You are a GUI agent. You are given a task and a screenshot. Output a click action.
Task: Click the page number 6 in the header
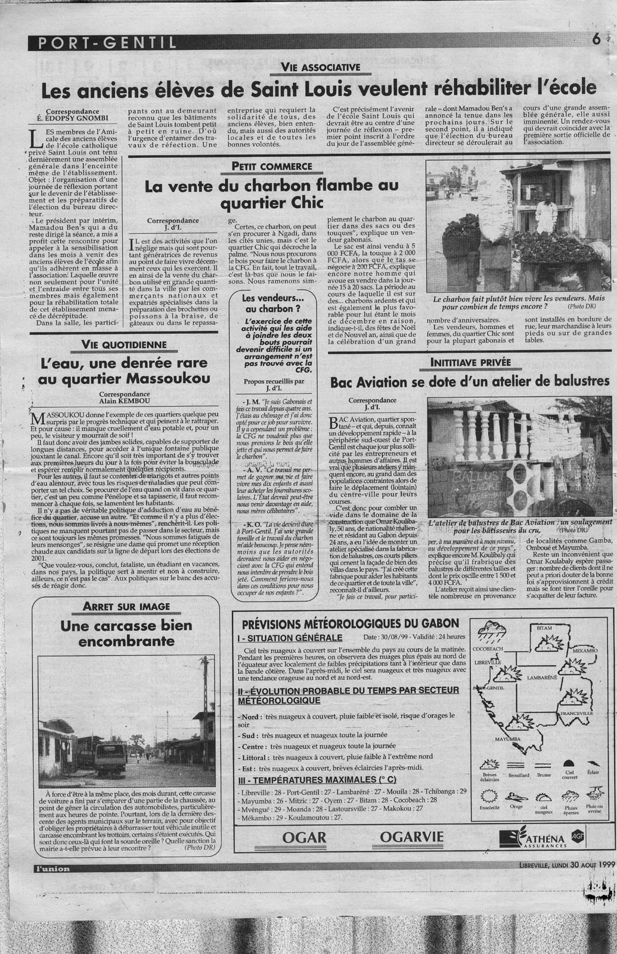[596, 40]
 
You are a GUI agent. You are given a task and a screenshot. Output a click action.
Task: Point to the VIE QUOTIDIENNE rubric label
[125, 344]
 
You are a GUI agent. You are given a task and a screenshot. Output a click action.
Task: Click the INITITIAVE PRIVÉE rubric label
[469, 361]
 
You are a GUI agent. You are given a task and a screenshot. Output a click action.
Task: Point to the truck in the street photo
[108, 755]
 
